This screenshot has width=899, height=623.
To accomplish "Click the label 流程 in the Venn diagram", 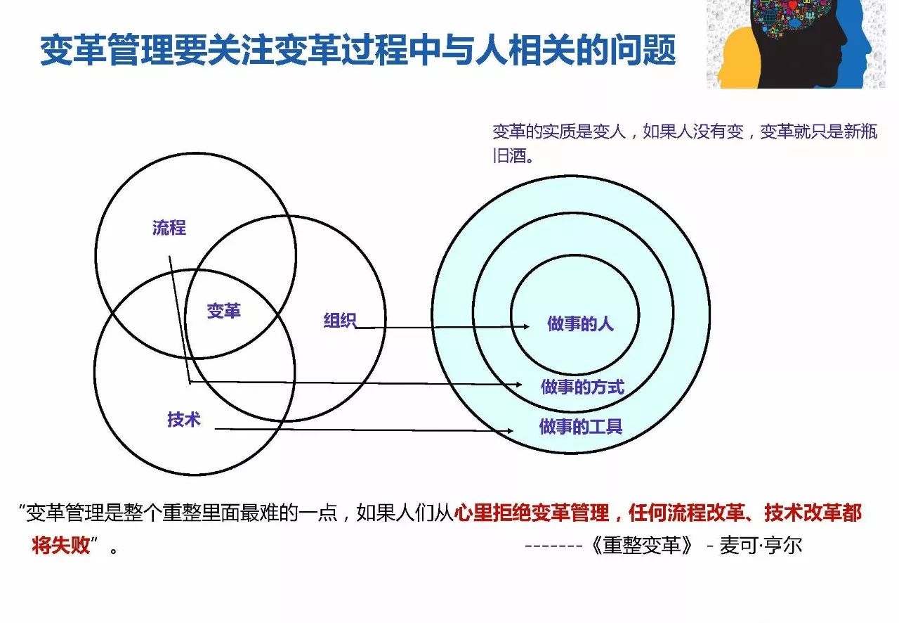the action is pos(169,228).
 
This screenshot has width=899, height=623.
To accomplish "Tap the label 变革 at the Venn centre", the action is pos(223,311).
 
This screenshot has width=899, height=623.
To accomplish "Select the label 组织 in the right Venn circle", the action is pos(340,321).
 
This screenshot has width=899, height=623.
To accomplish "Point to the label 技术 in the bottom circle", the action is pos(184,419).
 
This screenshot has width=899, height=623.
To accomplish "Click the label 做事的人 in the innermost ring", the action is pos(580,323).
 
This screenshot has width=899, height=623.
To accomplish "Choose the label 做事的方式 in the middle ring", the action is pos(582,387).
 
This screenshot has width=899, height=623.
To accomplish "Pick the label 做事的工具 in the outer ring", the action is pos(581,426).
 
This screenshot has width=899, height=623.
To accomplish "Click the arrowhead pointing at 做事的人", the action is pos(526,326).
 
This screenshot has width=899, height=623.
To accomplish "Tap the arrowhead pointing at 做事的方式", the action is pos(518,385).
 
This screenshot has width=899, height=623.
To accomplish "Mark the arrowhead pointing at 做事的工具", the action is pos(510,431).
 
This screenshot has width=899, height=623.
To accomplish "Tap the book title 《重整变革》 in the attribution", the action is pos(643,546).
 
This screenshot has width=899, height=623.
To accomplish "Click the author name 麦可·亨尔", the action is pos(761,546).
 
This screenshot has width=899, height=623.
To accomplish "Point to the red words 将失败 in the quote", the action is pos(61,546).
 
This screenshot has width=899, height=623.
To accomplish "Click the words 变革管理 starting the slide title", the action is pos(107,50).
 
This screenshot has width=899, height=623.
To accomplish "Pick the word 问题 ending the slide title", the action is pos(643,50).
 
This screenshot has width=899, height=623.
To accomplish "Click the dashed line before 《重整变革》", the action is pos(553,546).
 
